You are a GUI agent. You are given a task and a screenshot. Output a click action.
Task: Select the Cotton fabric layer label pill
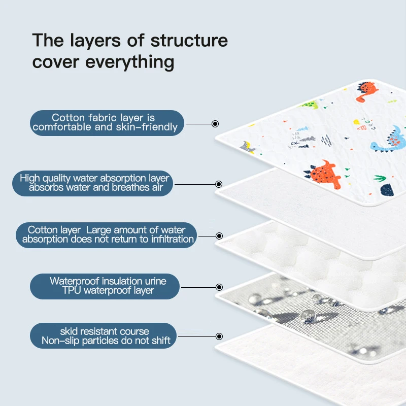106,123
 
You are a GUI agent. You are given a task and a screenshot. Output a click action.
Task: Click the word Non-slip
61,341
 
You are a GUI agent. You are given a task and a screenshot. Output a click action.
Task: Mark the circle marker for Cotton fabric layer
215,123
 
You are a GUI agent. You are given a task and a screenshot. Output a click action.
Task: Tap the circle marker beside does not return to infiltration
219,235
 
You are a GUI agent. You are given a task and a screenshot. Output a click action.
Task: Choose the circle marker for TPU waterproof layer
219,287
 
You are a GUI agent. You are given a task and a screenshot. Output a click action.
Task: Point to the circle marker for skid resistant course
219,336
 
